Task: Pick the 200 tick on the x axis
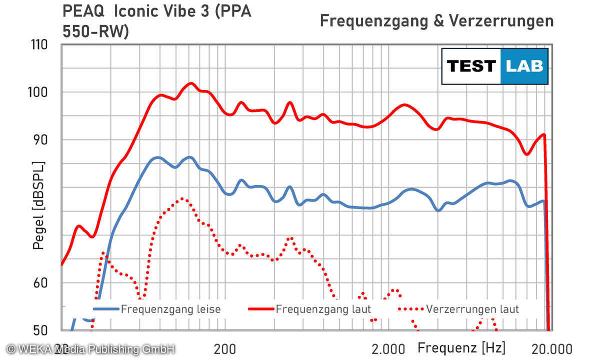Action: (225, 348)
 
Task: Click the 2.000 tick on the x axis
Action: (387, 348)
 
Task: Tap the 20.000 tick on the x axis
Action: (549, 348)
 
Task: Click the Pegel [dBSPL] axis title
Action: (38, 205)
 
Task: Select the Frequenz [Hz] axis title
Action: (461, 347)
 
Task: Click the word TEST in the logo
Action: (471, 66)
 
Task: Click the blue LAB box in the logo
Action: (524, 66)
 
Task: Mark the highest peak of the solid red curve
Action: (190, 83)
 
